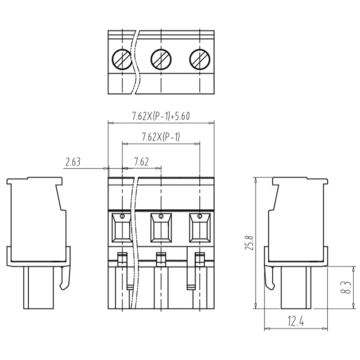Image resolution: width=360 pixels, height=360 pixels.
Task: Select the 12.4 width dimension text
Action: click(x=295, y=322)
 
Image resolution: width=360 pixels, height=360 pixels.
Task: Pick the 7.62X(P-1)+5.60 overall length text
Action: click(x=161, y=116)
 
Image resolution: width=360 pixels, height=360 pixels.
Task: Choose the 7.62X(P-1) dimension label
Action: click(x=161, y=137)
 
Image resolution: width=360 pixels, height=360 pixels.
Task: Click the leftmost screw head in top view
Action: click(x=122, y=58)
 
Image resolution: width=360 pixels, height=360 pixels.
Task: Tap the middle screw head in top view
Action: click(x=161, y=58)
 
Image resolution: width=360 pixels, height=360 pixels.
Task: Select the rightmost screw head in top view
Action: click(x=199, y=58)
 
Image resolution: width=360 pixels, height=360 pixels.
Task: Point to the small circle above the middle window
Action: click(x=161, y=217)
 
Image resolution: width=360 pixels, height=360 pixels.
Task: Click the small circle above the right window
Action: click(x=199, y=217)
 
